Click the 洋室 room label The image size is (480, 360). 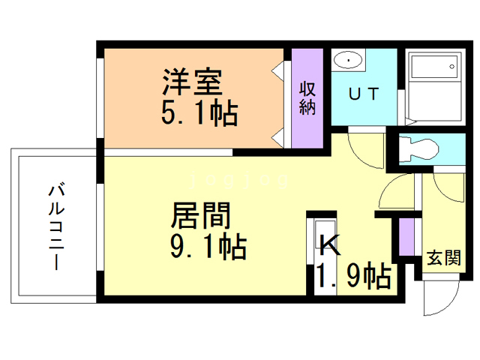(191, 79)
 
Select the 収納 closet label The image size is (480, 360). (307, 97)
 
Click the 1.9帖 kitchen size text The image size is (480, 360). (352, 277)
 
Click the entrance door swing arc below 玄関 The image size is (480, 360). (439, 300)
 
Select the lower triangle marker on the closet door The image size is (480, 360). (279, 136)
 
